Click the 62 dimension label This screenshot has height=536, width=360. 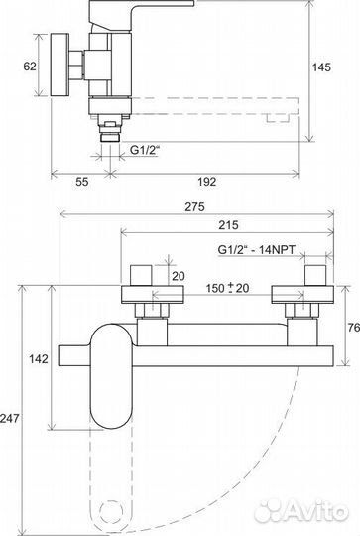point(30,66)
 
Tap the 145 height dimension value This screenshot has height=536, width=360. point(321,67)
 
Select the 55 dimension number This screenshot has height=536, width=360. point(82,182)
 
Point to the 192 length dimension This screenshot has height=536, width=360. point(207,182)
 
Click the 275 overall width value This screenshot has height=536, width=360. point(194,206)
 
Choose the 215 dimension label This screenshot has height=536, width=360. point(228,225)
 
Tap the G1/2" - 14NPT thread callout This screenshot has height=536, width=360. point(256,249)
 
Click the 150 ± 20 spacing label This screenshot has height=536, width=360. point(227,288)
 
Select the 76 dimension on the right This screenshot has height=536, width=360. point(353,328)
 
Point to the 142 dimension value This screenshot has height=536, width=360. point(39,359)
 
